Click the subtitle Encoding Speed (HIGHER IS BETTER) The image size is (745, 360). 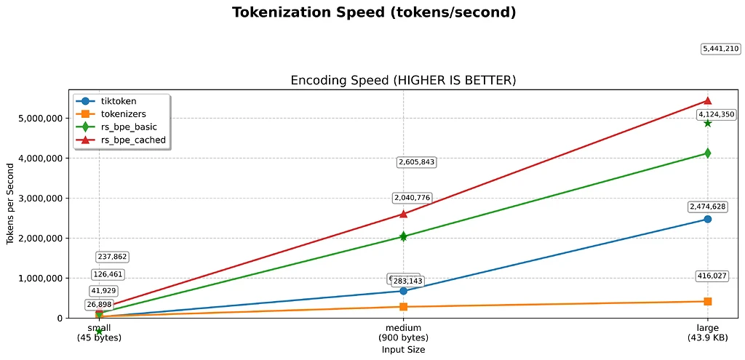point(403,80)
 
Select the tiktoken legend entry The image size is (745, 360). point(119,101)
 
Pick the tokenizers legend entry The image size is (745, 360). point(123,114)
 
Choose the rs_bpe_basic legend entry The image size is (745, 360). point(127,127)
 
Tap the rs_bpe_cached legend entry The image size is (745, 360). point(133,140)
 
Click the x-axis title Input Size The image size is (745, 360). point(403,350)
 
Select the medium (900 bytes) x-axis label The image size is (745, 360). point(403,333)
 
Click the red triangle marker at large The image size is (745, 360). point(707,100)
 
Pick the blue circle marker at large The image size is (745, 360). point(707,219)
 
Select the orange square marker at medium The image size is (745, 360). point(403,307)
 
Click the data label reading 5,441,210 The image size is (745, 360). point(720,49)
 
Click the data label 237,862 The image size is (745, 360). point(111,257)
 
